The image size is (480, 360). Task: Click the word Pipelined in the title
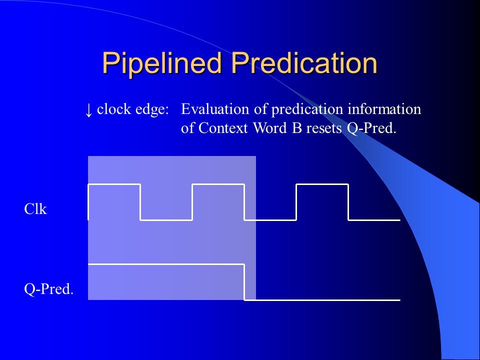click(162, 63)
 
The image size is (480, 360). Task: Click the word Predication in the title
click(304, 63)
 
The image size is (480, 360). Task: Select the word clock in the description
click(114, 109)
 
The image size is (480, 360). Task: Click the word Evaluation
click(215, 109)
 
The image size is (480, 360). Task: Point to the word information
click(384, 109)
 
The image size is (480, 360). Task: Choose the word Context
click(223, 128)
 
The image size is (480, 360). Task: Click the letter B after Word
click(297, 128)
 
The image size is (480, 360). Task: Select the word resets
click(324, 128)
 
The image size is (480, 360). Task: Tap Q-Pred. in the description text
click(371, 128)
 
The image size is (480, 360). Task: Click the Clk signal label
click(35, 209)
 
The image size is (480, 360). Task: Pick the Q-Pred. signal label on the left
click(49, 289)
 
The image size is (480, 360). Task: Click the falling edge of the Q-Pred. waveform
click(244, 282)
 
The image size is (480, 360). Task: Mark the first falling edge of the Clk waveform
click(140, 202)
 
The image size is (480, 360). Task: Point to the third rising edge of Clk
click(296, 202)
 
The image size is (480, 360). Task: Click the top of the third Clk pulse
click(322, 184)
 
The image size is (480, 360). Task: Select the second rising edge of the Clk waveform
click(192, 202)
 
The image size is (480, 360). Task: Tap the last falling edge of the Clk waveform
click(348, 202)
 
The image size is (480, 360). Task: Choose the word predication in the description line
click(307, 109)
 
